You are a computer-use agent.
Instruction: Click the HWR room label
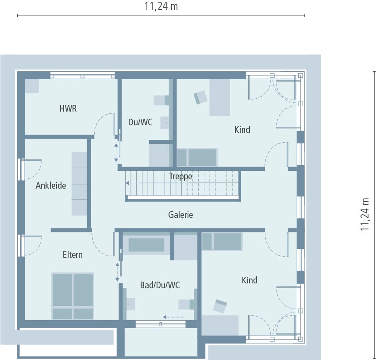pyautogui.click(x=68, y=108)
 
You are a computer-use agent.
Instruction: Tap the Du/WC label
pyautogui.click(x=140, y=122)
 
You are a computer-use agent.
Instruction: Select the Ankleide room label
pyautogui.click(x=51, y=186)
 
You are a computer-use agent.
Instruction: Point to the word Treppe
pyautogui.click(x=180, y=176)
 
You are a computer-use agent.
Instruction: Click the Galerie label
pyautogui.click(x=180, y=215)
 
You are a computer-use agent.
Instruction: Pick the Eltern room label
pyautogui.click(x=73, y=255)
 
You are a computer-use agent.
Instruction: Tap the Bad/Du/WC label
pyautogui.click(x=160, y=285)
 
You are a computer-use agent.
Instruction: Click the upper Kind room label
pyautogui.click(x=242, y=130)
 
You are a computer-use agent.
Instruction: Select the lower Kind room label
pyautogui.click(x=249, y=280)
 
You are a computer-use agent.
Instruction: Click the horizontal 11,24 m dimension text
pyautogui.click(x=161, y=6)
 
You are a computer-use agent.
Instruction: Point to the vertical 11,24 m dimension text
pyautogui.click(x=364, y=214)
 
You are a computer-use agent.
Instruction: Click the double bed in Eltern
pyautogui.click(x=73, y=296)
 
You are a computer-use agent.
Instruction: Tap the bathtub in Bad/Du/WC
pyautogui.click(x=146, y=245)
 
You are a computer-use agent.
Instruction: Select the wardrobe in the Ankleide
pyautogui.click(x=79, y=184)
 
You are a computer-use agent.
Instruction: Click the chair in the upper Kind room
pyautogui.click(x=200, y=97)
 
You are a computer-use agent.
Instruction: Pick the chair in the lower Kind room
pyautogui.click(x=220, y=306)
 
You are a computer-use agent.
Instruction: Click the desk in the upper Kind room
pyautogui.click(x=220, y=98)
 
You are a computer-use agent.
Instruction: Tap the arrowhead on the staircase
pyautogui.click(x=127, y=183)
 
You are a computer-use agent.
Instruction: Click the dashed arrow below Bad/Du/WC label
pyautogui.click(x=173, y=317)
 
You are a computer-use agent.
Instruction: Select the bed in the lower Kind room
pyautogui.click(x=222, y=241)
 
